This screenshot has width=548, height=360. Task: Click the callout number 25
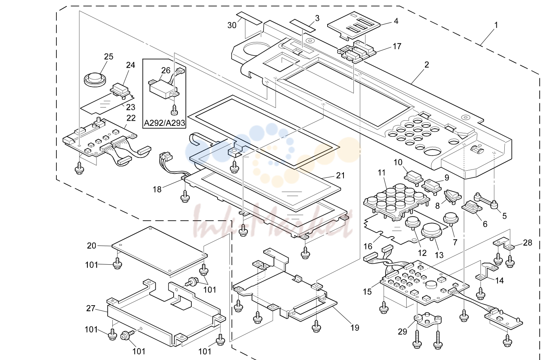109,57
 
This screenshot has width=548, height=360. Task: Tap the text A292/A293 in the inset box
164,123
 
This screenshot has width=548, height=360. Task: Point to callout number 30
232,25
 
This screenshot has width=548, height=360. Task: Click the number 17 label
397,46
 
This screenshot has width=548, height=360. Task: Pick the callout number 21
340,175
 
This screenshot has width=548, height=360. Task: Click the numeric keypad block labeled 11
397,201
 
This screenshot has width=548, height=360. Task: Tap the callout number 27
91,308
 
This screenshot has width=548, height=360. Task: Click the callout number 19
355,328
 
